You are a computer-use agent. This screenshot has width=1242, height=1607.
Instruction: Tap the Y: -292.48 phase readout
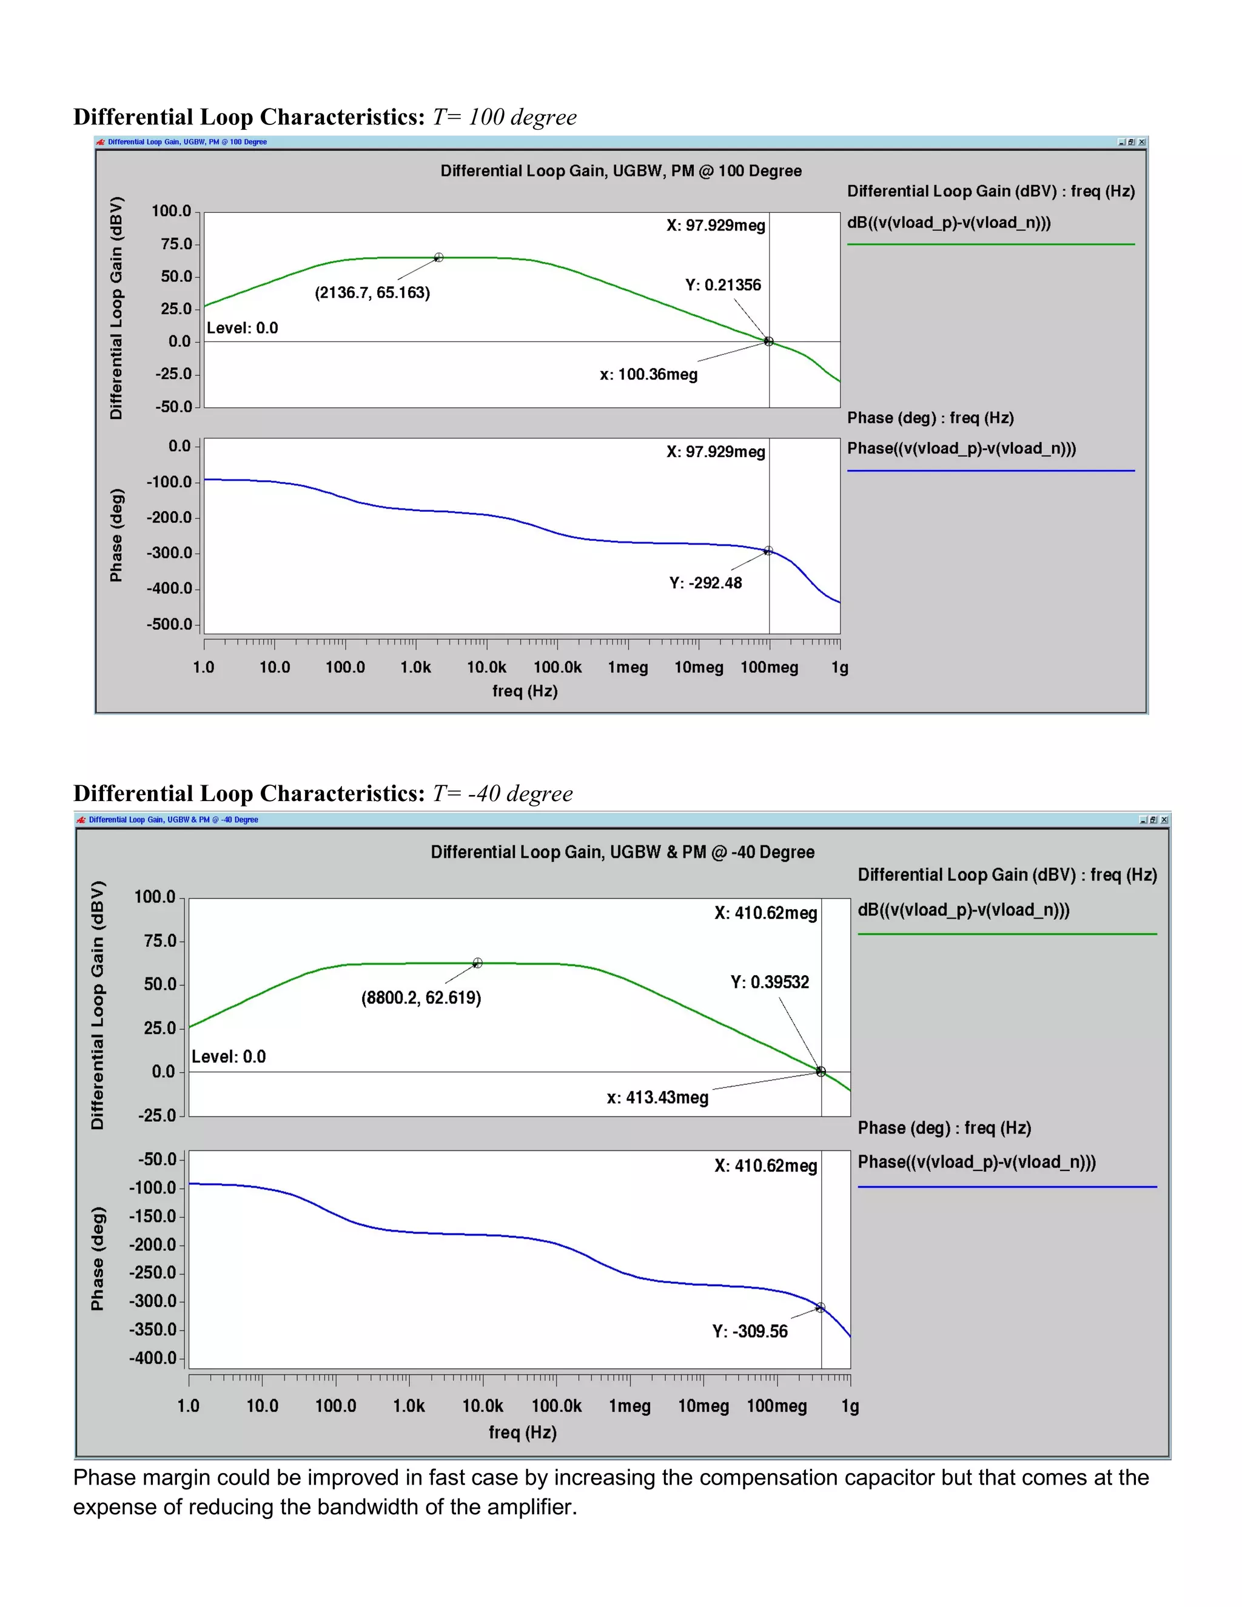coord(705,583)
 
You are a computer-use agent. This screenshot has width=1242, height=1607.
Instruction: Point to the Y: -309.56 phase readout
coord(750,1331)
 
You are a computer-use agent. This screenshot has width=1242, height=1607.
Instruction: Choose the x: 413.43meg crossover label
coord(657,1097)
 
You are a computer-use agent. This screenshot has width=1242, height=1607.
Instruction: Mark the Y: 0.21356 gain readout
coord(722,285)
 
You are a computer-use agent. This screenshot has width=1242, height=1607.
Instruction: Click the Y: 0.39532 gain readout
coord(769,982)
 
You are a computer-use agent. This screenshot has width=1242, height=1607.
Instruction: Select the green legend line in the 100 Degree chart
coord(990,244)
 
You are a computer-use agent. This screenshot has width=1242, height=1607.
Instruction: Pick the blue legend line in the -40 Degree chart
coord(1007,1187)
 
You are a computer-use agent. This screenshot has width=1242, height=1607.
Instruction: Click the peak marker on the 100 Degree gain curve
coord(438,258)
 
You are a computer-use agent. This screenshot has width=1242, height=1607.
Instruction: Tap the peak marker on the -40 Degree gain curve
coord(477,963)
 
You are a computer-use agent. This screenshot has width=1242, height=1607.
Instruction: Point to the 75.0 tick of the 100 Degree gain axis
coord(176,244)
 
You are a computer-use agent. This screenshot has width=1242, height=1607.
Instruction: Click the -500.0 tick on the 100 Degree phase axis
coord(169,624)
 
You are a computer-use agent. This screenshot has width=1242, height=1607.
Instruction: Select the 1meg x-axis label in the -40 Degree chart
coord(630,1406)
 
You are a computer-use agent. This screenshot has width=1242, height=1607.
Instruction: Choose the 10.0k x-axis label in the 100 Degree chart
coord(486,668)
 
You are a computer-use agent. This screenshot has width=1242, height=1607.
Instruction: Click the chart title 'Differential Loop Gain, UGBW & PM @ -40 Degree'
coord(622,852)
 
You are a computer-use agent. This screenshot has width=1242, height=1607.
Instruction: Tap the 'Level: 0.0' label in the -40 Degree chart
coord(229,1056)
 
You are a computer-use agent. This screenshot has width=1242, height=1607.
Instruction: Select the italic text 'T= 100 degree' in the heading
coord(504,117)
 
